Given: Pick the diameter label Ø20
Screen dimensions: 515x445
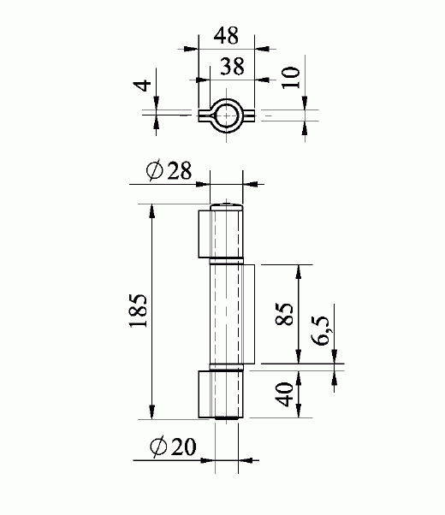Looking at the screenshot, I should (171, 447).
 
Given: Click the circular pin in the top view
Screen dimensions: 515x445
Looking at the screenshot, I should (227, 114).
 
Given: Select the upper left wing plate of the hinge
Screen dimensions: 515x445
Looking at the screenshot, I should (205, 232).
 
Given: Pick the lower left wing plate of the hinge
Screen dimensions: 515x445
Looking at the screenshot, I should (205, 394).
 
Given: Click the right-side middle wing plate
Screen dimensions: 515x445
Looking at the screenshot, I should (249, 314).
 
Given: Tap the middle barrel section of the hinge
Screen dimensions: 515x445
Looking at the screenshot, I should (227, 314).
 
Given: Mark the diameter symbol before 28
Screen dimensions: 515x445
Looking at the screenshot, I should (155, 172).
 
